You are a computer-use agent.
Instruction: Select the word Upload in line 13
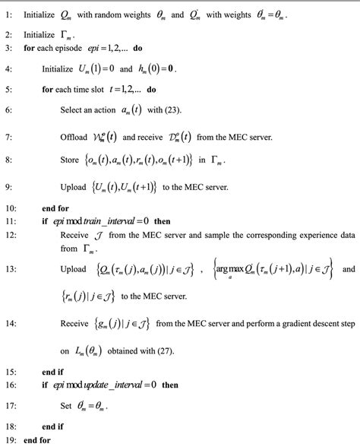[74, 269]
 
